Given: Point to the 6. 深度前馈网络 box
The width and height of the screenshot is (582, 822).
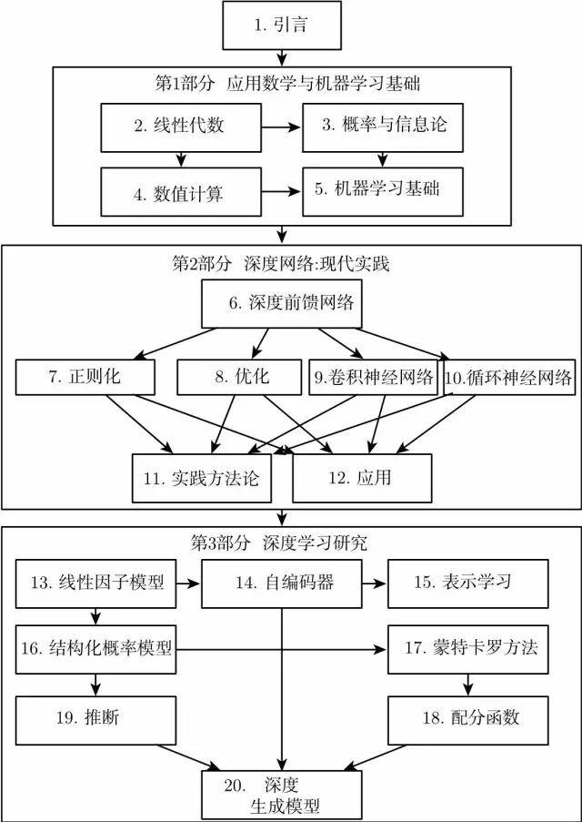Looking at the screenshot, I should (281, 304).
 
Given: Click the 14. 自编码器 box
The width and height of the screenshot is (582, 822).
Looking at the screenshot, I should (282, 584).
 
